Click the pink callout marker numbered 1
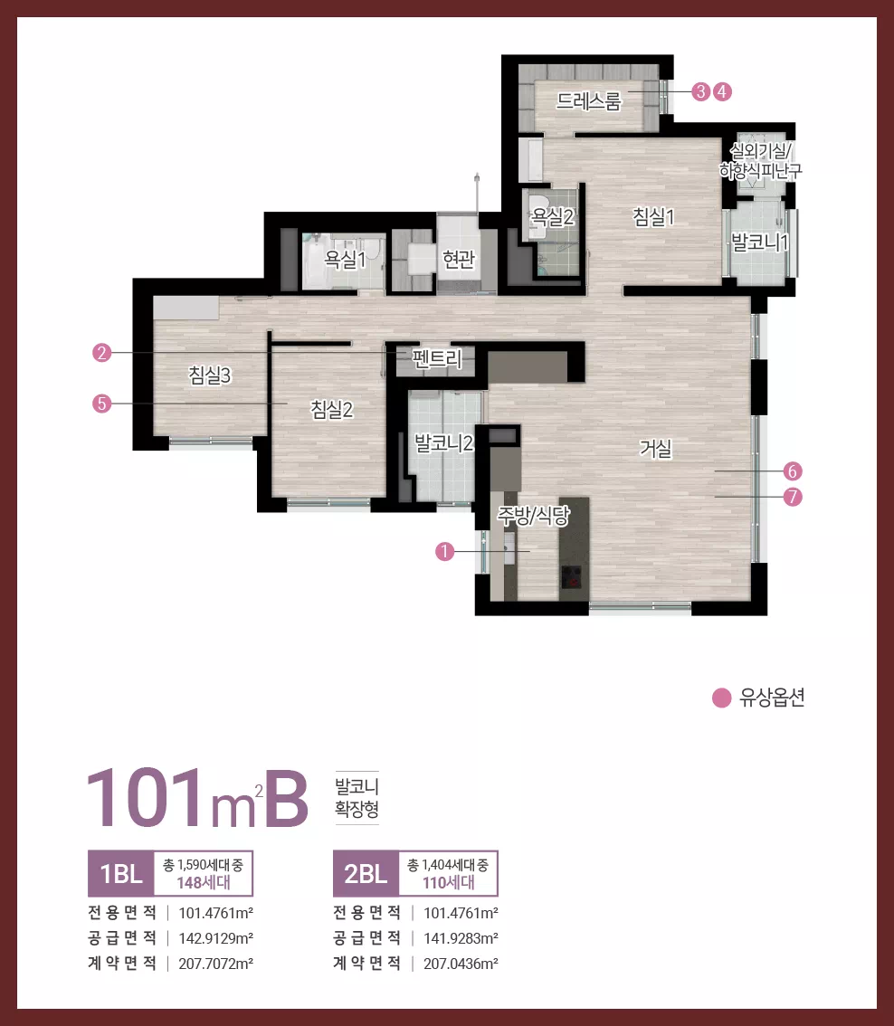pos(444,552)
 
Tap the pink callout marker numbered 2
pos(101,353)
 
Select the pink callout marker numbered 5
pos(101,404)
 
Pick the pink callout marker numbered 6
pos(793,471)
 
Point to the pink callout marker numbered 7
pos(793,497)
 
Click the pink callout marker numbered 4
pos(722,91)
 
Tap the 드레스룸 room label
pos(588,101)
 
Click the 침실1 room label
pos(653,216)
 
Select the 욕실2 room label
pos(553,216)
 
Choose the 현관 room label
pos(459,260)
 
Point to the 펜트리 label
pos(437,358)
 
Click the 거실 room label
pos(656,449)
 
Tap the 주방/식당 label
pos(533,516)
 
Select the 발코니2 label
pos(443,443)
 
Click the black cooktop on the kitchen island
pos(572,577)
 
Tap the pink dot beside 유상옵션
pos(721,698)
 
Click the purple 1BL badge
pos(121,873)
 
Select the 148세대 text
pos(204,883)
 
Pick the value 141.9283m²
pos(461,938)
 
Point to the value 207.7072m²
pos(216,964)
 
